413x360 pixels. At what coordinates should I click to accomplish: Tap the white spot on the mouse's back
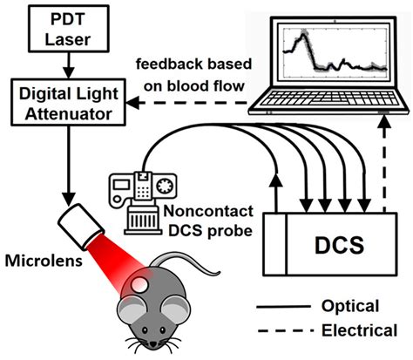tap(139, 284)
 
